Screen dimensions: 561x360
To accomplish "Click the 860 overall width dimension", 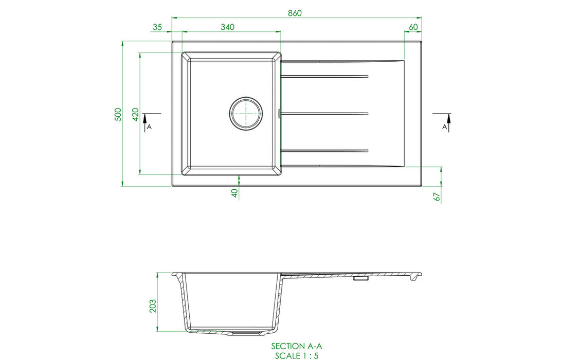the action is (295, 13).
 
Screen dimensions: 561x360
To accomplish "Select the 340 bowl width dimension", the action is (228, 27).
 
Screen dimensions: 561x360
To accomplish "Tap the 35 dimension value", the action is (157, 27).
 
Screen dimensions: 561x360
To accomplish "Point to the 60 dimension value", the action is (413, 27).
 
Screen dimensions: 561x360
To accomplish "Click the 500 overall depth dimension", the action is (118, 115).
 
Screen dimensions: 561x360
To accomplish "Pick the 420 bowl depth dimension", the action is (136, 115).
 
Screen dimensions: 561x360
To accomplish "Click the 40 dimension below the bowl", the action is (234, 193).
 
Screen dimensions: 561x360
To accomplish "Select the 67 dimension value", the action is (437, 197).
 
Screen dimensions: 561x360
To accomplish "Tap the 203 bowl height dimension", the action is (153, 306).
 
